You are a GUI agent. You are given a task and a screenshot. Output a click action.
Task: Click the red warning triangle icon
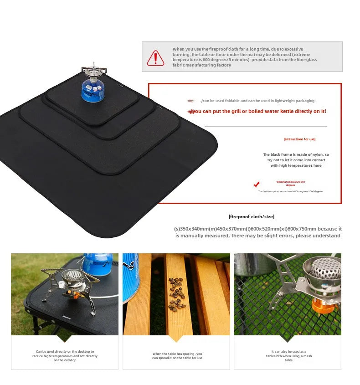pyautogui.click(x=155, y=57)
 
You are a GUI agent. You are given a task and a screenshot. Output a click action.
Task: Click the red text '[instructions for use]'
pyautogui.click(x=299, y=139)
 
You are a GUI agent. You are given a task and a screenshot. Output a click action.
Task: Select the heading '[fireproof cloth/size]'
pyautogui.click(x=251, y=217)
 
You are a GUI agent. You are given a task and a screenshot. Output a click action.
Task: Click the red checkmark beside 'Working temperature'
pyautogui.click(x=257, y=184)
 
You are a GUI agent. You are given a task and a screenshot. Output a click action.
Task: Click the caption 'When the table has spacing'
pyautogui.click(x=177, y=355)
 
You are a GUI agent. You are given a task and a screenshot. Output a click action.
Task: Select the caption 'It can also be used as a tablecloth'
pyautogui.click(x=288, y=356)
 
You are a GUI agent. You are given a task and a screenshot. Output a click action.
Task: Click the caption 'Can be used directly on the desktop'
pyautogui.click(x=65, y=355)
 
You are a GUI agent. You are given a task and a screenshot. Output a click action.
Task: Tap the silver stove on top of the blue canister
pyautogui.click(x=93, y=71)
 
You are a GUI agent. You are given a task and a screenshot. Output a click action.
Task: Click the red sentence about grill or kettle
pyautogui.click(x=258, y=111)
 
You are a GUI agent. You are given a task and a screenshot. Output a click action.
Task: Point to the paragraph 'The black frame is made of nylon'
pyautogui.click(x=296, y=160)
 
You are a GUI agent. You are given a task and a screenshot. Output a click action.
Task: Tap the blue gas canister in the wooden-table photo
pyautogui.click(x=132, y=278)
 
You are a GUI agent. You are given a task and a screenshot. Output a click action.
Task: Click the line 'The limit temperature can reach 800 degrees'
pyautogui.click(x=290, y=191)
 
